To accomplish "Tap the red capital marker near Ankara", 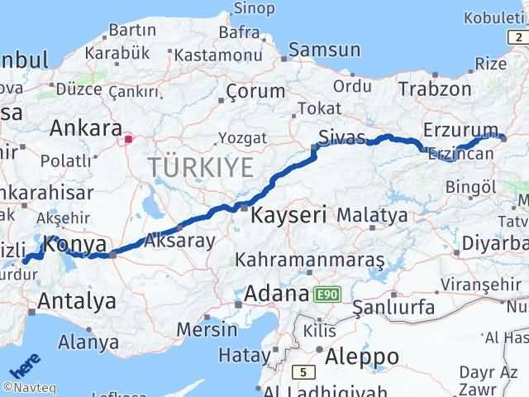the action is coord(128,140).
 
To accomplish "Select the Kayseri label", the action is coord(288,215).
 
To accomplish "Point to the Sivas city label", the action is coord(342,136).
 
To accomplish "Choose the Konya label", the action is coord(75,245).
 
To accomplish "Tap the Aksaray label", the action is coord(179,242).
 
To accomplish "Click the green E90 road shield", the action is coord(326,294).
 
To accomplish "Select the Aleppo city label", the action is coord(362,356).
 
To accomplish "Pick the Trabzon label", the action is coord(435,89).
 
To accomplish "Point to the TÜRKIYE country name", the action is coord(201,167).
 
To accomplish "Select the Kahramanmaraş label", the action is coord(310,261).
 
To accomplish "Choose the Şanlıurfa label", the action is coord(393,309).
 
